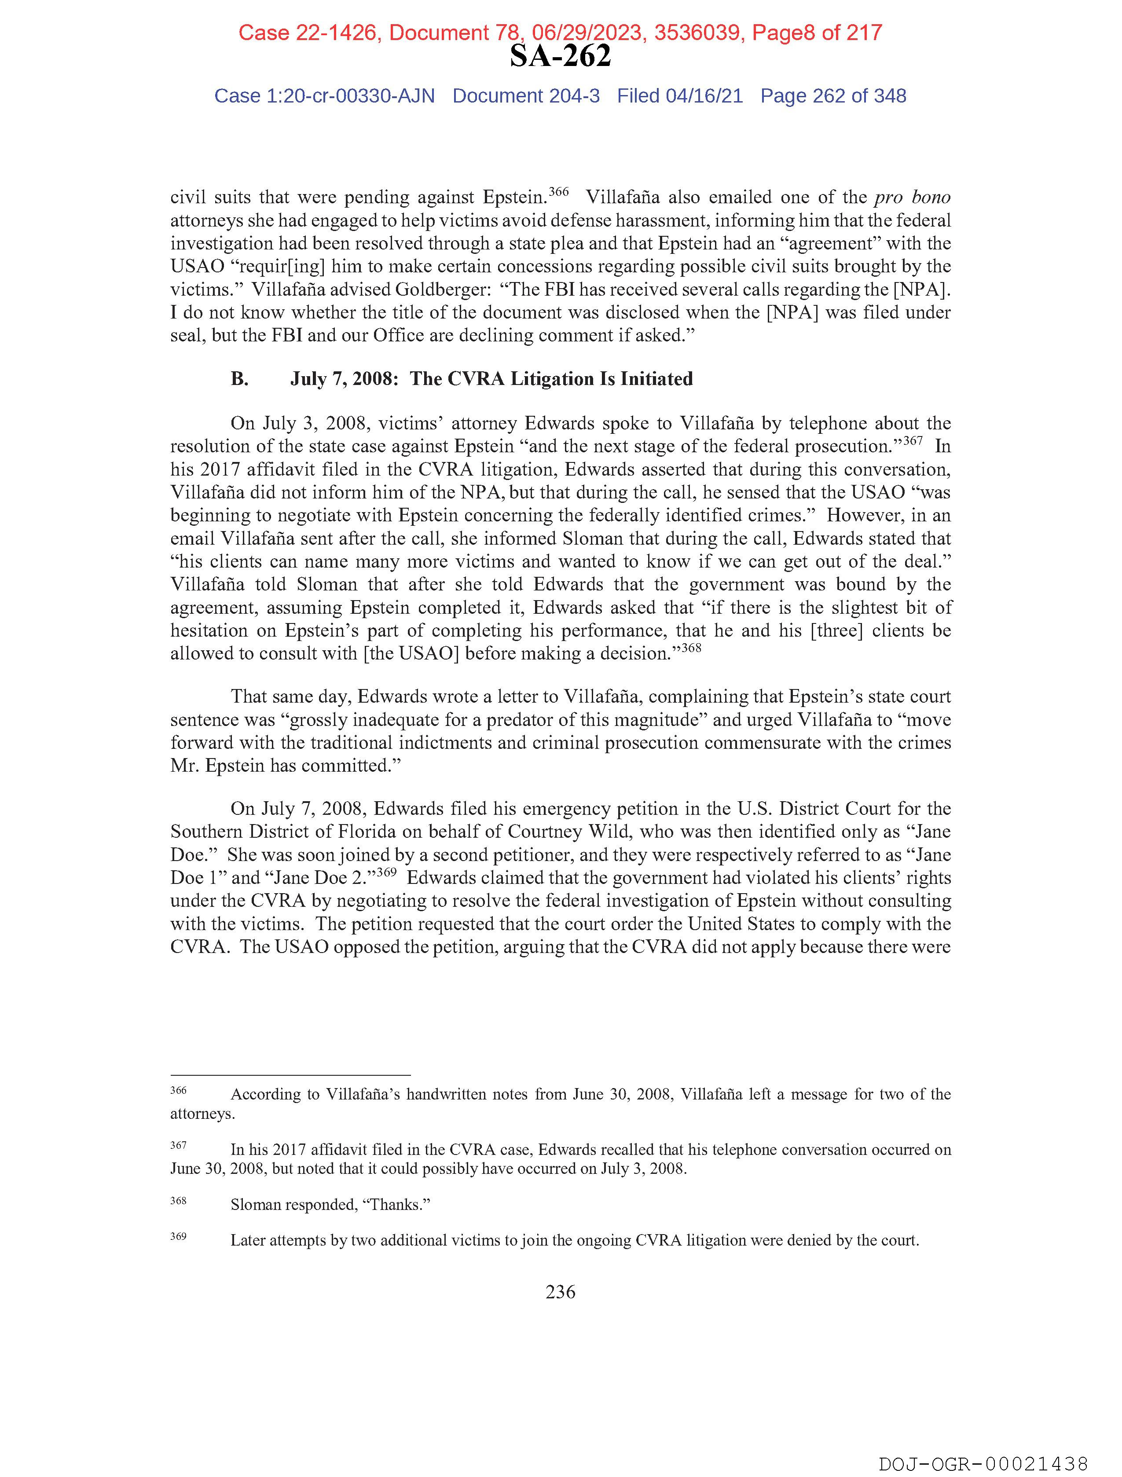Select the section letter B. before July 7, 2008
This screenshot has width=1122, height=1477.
240,379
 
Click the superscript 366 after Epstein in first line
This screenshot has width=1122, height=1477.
558,192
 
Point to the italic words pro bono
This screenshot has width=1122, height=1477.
912,197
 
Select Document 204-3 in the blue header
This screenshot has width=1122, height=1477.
526,96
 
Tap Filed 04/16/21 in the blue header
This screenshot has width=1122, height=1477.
680,96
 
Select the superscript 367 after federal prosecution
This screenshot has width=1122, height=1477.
912,441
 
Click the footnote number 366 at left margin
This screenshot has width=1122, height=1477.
178,1090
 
